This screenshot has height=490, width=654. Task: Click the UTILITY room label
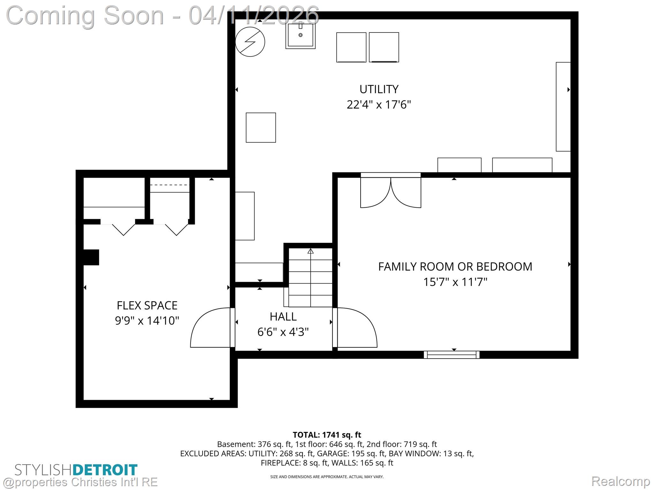379,89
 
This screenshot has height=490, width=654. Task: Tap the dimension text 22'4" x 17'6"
379,105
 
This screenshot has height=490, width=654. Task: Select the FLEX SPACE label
147,306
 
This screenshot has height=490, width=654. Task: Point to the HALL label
283,317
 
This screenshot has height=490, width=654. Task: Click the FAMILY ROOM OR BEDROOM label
455,267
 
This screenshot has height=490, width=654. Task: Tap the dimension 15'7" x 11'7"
455,282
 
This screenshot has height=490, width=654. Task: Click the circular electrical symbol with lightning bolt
250,42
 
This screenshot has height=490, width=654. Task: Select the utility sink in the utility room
300,35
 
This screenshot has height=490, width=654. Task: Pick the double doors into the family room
391,192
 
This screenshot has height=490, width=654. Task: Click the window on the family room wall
452,354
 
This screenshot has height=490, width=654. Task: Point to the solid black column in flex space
91,257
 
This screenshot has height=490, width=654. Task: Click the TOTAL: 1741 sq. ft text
327,435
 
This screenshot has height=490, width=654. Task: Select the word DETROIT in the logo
105,470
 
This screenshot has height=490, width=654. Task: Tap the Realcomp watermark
620,481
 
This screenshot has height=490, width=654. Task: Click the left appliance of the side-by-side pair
351,47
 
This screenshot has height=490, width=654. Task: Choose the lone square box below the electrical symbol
261,128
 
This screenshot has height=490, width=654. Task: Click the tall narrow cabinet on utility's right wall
563,107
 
